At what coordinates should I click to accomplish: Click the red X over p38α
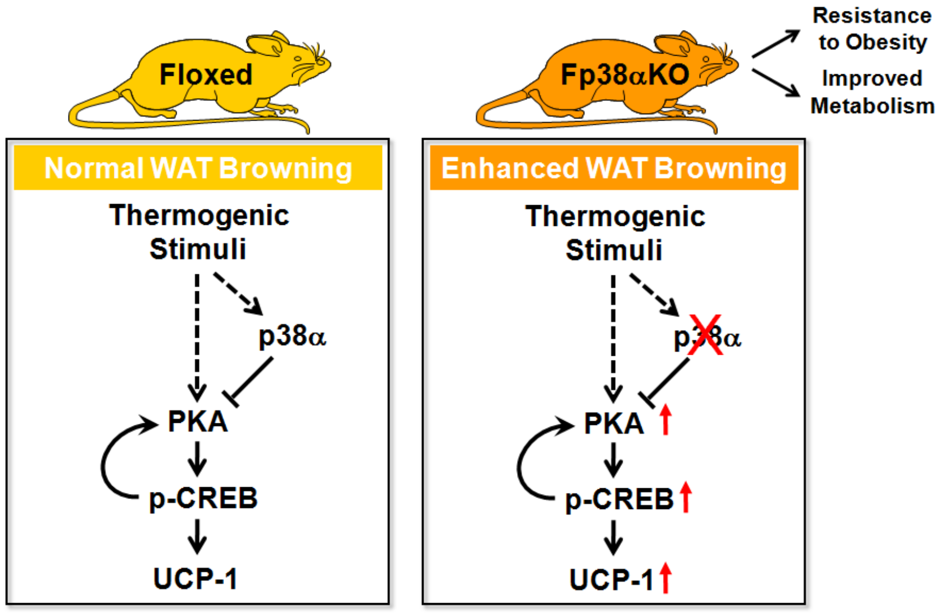pyautogui.click(x=705, y=335)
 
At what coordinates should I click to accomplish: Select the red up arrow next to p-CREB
pyautogui.click(x=686, y=497)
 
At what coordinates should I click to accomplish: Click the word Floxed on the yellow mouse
pyautogui.click(x=206, y=74)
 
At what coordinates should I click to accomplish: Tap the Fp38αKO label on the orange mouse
pyautogui.click(x=625, y=75)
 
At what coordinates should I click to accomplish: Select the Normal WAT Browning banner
pyautogui.click(x=198, y=168)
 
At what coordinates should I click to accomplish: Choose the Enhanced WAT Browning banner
pyautogui.click(x=614, y=168)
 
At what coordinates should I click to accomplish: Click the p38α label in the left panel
pyautogui.click(x=292, y=336)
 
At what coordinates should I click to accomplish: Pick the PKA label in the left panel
pyautogui.click(x=197, y=421)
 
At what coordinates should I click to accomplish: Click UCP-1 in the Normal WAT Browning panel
pyautogui.click(x=195, y=578)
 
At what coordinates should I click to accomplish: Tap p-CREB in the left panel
pyautogui.click(x=203, y=498)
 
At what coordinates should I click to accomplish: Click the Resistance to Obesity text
pyautogui.click(x=872, y=29)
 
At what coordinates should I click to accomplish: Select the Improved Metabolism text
pyautogui.click(x=872, y=92)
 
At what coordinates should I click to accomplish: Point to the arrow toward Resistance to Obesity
pyautogui.click(x=775, y=44)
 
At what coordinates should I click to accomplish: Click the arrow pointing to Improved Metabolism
pyautogui.click(x=775, y=83)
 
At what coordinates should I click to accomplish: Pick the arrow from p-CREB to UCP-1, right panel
pyautogui.click(x=613, y=538)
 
